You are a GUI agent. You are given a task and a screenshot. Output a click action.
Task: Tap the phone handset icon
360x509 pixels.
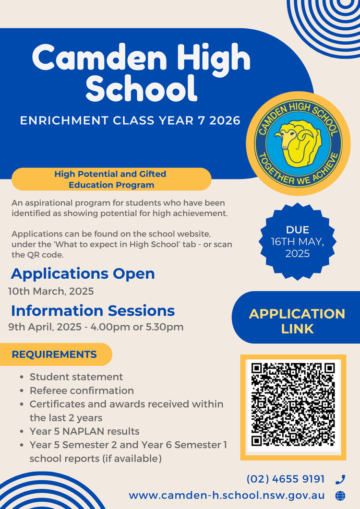(x=340, y=479)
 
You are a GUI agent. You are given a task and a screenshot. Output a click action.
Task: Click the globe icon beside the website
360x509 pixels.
(x=340, y=496)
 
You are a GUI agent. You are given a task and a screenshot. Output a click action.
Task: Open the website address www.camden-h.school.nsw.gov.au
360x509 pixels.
(x=227, y=496)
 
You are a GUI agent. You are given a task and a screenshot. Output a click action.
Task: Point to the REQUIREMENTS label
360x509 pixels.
(x=54, y=355)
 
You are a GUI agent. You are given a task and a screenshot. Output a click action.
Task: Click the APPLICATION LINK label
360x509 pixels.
(x=297, y=321)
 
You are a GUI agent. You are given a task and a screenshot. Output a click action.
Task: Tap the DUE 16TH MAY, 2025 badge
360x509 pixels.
(x=298, y=241)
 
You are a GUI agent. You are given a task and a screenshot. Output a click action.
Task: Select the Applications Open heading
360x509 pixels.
(x=83, y=273)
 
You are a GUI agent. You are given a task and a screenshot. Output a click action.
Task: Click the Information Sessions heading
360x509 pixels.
(x=93, y=310)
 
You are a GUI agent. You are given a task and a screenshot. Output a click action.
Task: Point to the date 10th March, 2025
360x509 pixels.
(x=51, y=291)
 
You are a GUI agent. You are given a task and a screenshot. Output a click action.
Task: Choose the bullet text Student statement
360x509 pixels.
(x=76, y=377)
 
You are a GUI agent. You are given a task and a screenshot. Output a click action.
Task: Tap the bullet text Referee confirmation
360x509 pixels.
(x=82, y=391)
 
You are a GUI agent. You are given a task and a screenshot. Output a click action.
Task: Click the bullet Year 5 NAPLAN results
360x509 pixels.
(x=84, y=431)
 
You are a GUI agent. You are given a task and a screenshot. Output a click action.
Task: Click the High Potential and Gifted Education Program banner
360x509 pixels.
(x=111, y=179)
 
